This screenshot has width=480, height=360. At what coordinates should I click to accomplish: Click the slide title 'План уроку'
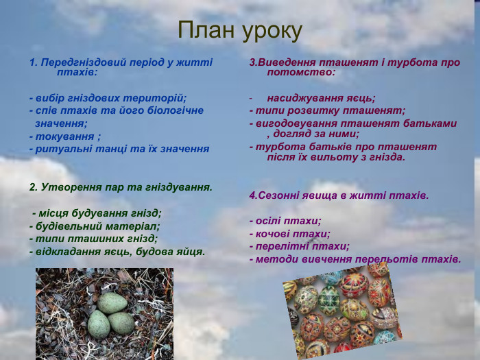[x=239, y=30]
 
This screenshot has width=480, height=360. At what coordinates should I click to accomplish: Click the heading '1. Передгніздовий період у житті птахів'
[x=121, y=67]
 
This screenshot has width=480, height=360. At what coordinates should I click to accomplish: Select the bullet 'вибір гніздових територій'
[x=108, y=98]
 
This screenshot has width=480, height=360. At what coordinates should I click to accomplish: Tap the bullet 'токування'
[x=66, y=136]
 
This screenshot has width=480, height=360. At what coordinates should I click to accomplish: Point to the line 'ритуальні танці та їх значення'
[x=119, y=148]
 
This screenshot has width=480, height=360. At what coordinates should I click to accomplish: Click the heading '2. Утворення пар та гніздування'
[x=121, y=187]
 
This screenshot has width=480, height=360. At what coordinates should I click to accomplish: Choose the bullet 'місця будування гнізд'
[x=96, y=213]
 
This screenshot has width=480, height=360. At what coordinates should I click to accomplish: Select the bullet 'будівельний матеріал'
[x=95, y=226]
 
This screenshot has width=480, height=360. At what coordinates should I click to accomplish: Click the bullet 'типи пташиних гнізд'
[x=93, y=239]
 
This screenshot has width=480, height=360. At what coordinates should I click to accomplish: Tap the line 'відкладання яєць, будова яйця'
[x=117, y=252]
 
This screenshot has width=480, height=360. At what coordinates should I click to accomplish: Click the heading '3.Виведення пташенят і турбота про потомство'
[x=354, y=67]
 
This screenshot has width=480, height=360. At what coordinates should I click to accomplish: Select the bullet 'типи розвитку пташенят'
[x=327, y=110]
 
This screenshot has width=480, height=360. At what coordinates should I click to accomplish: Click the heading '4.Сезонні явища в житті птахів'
[x=339, y=195]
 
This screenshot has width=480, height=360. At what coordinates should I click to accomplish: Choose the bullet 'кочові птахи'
[x=289, y=234]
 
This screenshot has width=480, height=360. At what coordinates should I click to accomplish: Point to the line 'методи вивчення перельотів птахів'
[x=355, y=259]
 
